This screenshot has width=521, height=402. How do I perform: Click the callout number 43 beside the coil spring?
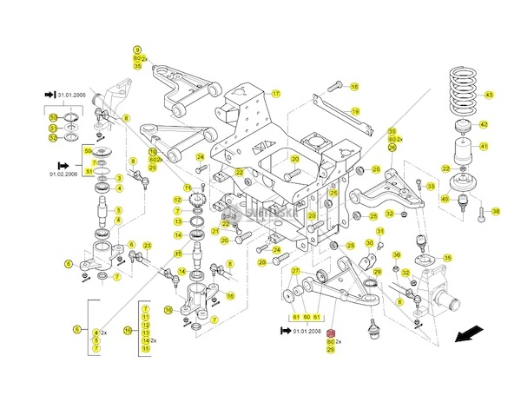(x=489, y=95)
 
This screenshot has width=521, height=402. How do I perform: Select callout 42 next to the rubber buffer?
(x=484, y=125)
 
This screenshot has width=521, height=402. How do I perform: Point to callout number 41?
(x=484, y=145)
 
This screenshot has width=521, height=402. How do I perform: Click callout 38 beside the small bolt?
(x=496, y=211)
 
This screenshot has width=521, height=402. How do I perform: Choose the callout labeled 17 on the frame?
(x=276, y=93)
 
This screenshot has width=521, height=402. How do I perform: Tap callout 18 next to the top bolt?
(x=353, y=87)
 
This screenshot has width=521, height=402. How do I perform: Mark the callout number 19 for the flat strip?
(x=355, y=111)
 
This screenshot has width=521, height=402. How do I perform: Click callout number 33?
(x=429, y=185)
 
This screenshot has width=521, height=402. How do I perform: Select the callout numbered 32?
(x=390, y=214)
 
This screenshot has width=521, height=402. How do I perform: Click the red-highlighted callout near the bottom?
(x=330, y=333)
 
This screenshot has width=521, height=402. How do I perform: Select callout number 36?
(x=395, y=254)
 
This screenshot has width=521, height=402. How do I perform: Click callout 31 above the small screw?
(x=380, y=244)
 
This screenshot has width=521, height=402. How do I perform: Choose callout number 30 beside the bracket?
(x=368, y=244)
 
